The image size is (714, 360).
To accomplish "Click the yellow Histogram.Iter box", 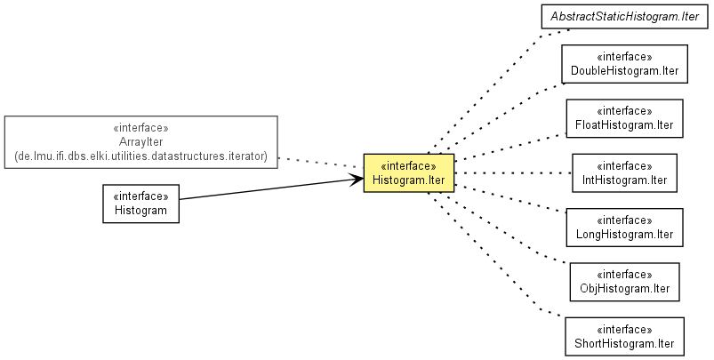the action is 408,173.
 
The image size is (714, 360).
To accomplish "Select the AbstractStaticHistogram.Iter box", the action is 624,16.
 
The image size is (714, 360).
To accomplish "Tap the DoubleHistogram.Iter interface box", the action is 624,64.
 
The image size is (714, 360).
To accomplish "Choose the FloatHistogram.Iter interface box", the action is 624,118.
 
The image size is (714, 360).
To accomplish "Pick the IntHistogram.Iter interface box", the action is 624,173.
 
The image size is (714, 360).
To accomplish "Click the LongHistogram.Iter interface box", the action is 624,228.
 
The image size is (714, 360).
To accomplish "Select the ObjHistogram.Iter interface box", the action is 624,282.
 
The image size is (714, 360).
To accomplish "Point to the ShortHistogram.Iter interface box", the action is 624,336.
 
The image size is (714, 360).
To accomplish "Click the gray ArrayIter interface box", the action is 140,142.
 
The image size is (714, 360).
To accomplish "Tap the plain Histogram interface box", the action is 140,204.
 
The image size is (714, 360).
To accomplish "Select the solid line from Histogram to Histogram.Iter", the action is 271,188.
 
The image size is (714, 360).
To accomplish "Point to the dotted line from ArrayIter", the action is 321,163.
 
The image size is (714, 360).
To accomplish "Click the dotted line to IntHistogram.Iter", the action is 513,173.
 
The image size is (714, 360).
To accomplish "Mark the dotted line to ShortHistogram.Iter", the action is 496,255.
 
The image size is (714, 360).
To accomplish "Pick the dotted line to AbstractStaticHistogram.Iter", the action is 499,91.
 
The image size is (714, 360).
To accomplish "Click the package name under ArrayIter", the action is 140,156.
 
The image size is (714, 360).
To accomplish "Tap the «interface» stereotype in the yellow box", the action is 408,165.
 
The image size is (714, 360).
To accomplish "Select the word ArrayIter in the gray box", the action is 140,142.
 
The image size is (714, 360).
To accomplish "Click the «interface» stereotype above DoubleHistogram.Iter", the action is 624,56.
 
